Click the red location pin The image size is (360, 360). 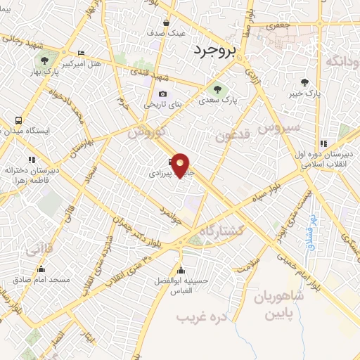[x=181, y=165]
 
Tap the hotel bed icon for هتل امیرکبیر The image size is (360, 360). [x=81, y=53]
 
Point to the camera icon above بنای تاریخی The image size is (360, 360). [x=163, y=94]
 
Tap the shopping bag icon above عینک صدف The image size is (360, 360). [x=166, y=22]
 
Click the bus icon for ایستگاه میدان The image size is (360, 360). [x=18, y=120]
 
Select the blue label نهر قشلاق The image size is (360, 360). [x=310, y=232]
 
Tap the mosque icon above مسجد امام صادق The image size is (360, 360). [x=41, y=269]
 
